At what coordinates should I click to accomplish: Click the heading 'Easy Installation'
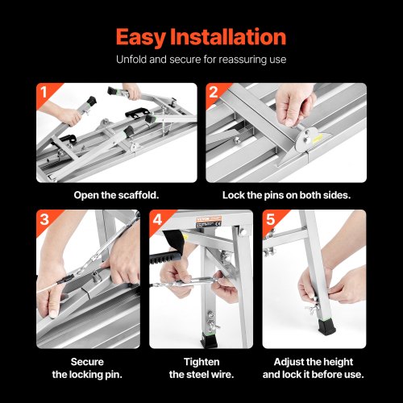coord(201,36)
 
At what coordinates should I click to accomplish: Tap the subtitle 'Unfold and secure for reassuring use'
coord(201,60)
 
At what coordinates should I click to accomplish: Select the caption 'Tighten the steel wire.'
coord(201,368)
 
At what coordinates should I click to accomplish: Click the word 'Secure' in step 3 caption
coord(88,361)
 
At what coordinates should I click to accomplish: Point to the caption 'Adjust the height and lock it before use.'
coord(314,368)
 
